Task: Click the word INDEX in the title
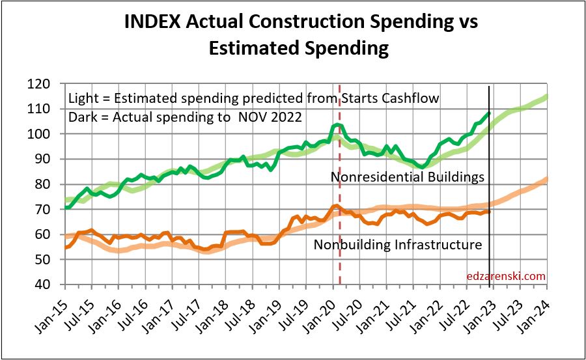point(153,21)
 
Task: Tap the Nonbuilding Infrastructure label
point(398,245)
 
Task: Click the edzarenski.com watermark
point(506,276)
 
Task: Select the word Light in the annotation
point(84,99)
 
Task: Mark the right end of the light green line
point(546,96)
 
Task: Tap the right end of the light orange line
point(546,179)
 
